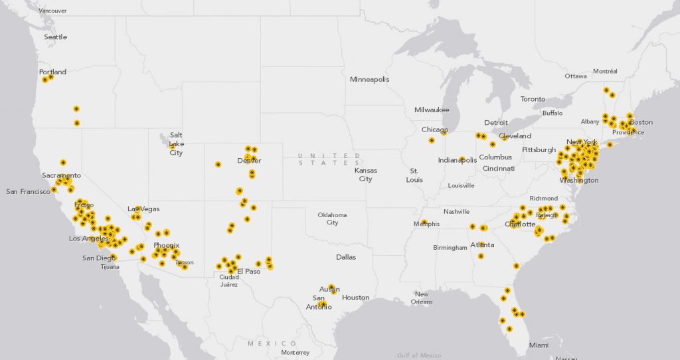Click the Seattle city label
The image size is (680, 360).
coord(55,37)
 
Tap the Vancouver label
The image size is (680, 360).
coord(52,11)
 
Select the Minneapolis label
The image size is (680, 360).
coord(370,80)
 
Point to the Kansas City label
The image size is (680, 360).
coord(365,175)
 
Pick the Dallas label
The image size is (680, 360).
coord(346,257)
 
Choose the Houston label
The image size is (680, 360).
coord(355,298)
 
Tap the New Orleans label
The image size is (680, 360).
coord(422,298)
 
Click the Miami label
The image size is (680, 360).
coord(539,345)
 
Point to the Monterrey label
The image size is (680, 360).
coord(294,352)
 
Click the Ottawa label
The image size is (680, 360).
coord(576,76)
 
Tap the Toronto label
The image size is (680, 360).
coord(533,99)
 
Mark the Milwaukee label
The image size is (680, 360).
coord(432,110)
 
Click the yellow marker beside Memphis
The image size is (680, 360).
coord(423,223)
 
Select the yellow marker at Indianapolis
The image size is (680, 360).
coord(462,159)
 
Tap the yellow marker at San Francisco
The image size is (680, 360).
coord(54,190)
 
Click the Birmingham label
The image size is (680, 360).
coord(450,248)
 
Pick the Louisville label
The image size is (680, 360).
coord(461,186)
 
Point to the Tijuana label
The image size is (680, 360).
coord(110,267)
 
